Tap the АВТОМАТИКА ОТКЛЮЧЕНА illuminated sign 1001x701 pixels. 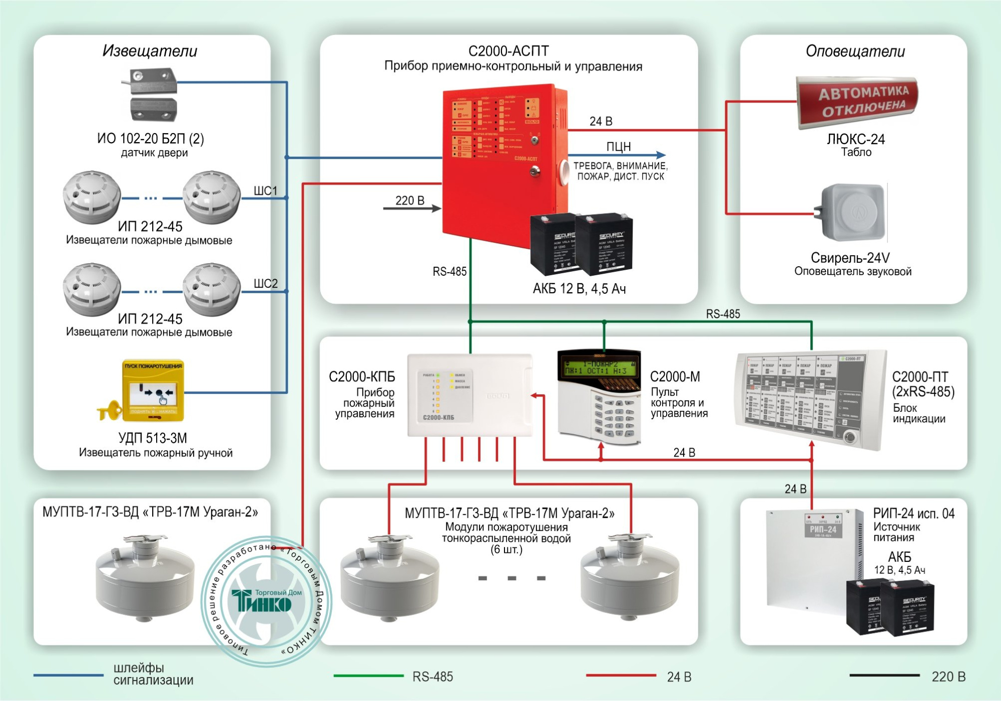[857, 102]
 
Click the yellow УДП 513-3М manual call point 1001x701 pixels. [153, 391]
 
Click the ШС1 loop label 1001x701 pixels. [265, 191]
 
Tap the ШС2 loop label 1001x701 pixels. [265, 284]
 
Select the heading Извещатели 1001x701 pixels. [150, 51]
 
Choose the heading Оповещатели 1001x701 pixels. [855, 51]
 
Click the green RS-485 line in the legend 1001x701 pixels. [368, 675]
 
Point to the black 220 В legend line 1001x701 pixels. [884, 675]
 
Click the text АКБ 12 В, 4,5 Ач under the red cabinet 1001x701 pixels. [579, 289]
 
